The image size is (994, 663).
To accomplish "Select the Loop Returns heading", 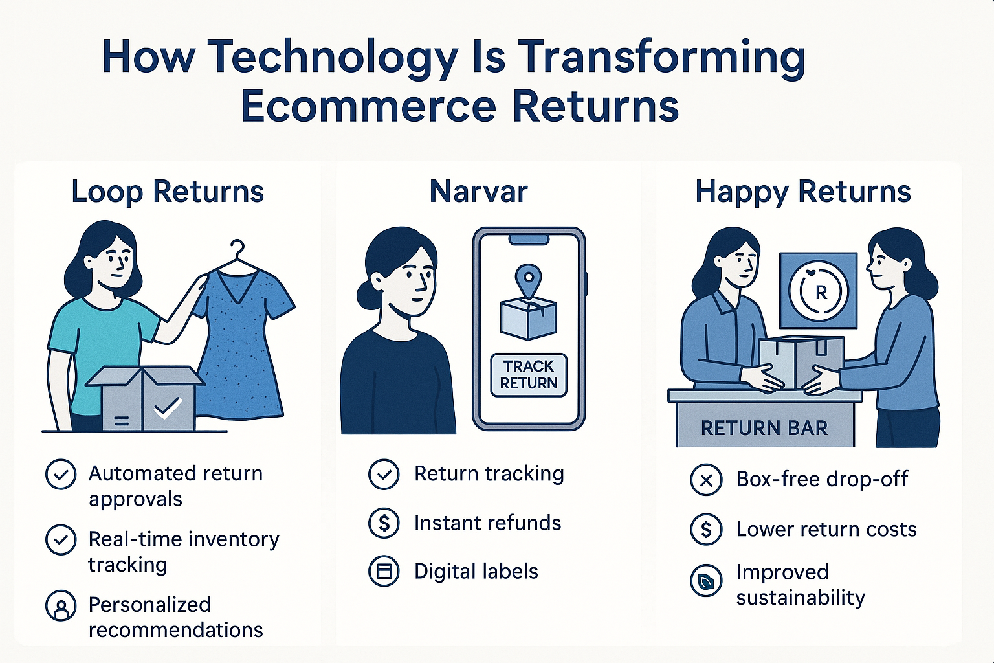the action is (168, 192).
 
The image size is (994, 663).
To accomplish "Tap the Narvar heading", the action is (479, 192).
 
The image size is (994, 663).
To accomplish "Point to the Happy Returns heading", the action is (803, 192).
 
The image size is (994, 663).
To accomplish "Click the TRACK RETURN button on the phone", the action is (529, 375).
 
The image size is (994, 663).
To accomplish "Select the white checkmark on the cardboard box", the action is (168, 408).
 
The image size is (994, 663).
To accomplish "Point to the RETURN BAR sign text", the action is (764, 429).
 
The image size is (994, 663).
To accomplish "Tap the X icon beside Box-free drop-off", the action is (706, 480).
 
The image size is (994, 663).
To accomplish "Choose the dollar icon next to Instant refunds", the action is (384, 523).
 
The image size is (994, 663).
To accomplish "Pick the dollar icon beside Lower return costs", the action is (706, 529).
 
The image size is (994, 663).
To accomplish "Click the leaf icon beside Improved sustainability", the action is (706, 580).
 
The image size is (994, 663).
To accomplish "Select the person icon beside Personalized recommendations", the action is (61, 605).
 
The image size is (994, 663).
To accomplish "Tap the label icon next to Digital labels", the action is (384, 571).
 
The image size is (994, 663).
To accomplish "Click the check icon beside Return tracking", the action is (384, 475).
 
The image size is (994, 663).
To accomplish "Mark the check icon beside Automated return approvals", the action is (61, 475).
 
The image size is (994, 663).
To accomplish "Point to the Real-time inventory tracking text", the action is (184, 552).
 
